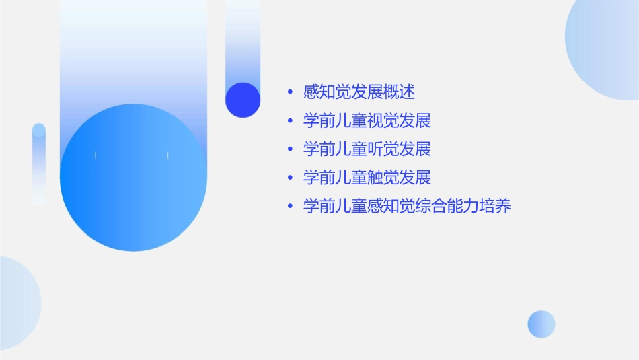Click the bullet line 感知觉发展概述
click(359, 92)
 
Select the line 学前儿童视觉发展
click(367, 121)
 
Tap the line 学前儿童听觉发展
click(367, 149)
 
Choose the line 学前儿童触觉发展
click(367, 178)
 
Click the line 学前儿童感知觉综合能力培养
click(407, 206)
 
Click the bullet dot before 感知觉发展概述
click(290, 93)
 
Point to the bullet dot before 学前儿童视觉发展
click(290, 122)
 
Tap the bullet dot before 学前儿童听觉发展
click(290, 149)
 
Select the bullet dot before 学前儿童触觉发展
click(290, 178)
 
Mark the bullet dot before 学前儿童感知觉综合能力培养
click(290, 207)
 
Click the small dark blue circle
click(243, 100)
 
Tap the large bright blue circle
click(133, 178)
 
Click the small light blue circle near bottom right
click(541, 324)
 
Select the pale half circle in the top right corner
click(605, 50)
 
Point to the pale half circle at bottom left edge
click(17, 303)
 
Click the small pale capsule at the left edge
click(39, 163)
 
